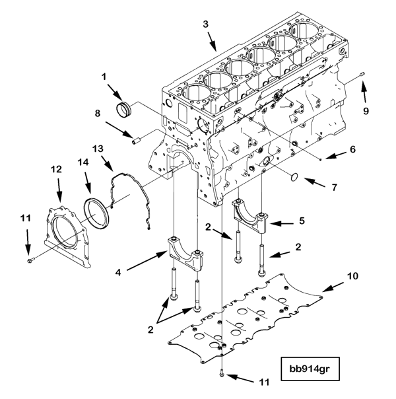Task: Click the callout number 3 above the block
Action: (x=206, y=24)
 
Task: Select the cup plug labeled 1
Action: (x=123, y=109)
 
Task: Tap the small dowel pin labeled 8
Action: (x=137, y=140)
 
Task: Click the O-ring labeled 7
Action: (x=294, y=177)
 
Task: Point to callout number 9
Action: (x=366, y=111)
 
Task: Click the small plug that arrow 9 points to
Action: (x=362, y=74)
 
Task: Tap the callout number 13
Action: (x=98, y=149)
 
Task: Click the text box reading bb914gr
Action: (x=310, y=369)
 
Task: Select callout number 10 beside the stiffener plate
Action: (x=352, y=275)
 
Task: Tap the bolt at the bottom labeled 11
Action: (x=222, y=373)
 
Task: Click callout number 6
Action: (x=352, y=149)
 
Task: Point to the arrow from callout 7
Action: (x=314, y=183)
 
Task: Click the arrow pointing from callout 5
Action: (x=281, y=224)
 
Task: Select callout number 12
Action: (x=56, y=169)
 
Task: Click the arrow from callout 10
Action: (x=333, y=287)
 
